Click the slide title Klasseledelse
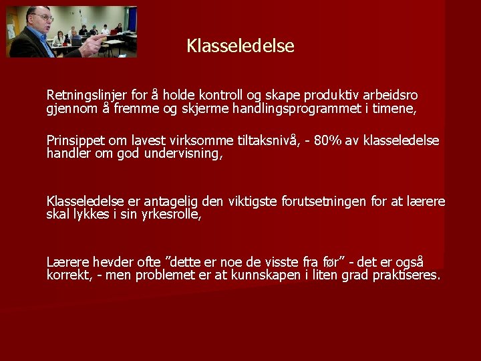pyautogui.click(x=240, y=46)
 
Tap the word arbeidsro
pyautogui.click(x=390, y=96)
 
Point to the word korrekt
pyautogui.click(x=68, y=275)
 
